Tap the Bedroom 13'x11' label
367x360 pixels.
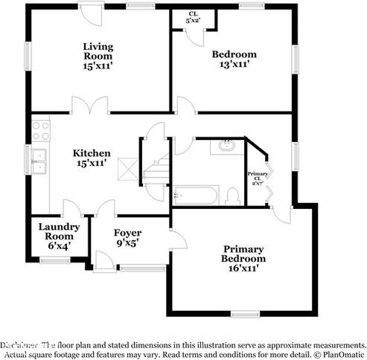click(234, 59)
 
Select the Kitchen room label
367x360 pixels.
click(92, 159)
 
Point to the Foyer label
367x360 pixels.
click(127, 237)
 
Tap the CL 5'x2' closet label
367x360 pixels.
click(193, 18)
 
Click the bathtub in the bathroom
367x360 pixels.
click(195, 196)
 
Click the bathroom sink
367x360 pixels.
click(226, 147)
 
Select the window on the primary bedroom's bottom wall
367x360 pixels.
click(242, 312)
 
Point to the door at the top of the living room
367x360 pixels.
click(92, 13)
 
